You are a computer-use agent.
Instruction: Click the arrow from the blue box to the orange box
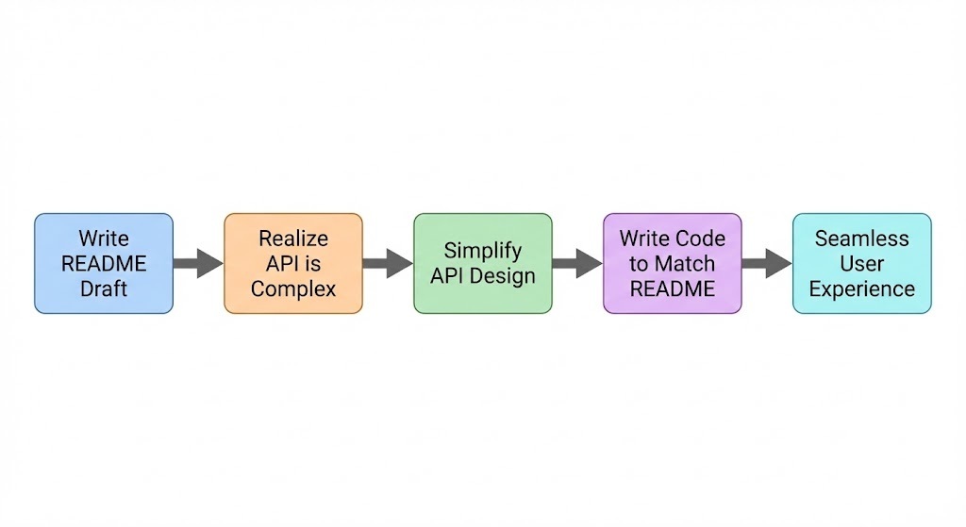[x=198, y=264]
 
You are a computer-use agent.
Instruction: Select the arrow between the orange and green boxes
[x=388, y=264]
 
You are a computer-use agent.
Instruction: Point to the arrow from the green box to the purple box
[x=577, y=264]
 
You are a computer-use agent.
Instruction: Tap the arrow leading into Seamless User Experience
[x=766, y=264]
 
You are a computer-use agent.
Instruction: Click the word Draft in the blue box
[x=104, y=289]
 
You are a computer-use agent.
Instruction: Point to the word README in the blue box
[x=104, y=264]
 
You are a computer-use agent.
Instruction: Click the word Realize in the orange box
[x=293, y=239]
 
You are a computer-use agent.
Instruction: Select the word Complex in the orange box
[x=293, y=289]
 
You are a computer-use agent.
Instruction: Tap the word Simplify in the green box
[x=482, y=251]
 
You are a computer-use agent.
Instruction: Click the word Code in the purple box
[x=699, y=239]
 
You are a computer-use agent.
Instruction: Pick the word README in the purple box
[x=673, y=289]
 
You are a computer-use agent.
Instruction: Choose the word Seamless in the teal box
[x=861, y=239]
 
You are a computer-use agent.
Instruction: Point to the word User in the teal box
[x=861, y=264]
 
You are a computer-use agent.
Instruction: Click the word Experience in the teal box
[x=861, y=289]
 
